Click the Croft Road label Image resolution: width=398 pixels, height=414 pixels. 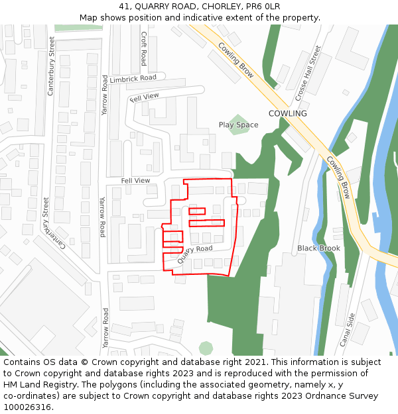143,49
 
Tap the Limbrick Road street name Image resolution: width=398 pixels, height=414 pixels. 133,78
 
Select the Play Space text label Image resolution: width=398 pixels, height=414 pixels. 239,125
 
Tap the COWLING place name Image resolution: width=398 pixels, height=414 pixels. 287,113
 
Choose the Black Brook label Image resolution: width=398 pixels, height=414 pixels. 318,248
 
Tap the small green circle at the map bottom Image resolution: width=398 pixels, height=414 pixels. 206,348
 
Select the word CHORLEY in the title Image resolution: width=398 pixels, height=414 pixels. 221,7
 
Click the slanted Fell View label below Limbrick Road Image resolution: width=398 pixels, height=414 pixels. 145,97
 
